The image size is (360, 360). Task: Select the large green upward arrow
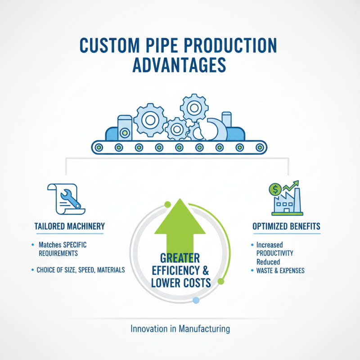click(x=180, y=225)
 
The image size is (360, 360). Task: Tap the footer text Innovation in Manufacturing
click(x=180, y=329)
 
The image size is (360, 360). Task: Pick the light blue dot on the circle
click(x=195, y=300)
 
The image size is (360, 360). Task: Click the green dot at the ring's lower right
click(x=220, y=282)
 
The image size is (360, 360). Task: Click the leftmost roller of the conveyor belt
click(x=99, y=147)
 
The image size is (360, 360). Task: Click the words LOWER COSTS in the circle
click(x=181, y=283)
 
